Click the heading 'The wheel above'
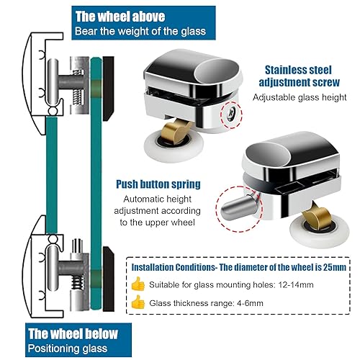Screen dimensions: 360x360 point(120,17)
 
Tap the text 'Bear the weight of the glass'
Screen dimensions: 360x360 point(140,32)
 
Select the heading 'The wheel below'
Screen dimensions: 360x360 point(73,333)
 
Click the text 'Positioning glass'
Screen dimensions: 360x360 point(68,348)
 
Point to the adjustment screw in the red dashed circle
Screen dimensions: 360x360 point(231,114)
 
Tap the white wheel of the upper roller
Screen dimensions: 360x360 point(174,146)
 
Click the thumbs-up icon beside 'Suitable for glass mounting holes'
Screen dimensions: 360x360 point(138,284)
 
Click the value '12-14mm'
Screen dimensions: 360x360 point(296,285)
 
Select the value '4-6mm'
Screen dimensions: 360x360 point(250,303)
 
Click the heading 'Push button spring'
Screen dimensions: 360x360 point(158,184)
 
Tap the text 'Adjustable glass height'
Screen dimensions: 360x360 point(300,97)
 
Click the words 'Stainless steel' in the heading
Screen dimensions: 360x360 point(298,70)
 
